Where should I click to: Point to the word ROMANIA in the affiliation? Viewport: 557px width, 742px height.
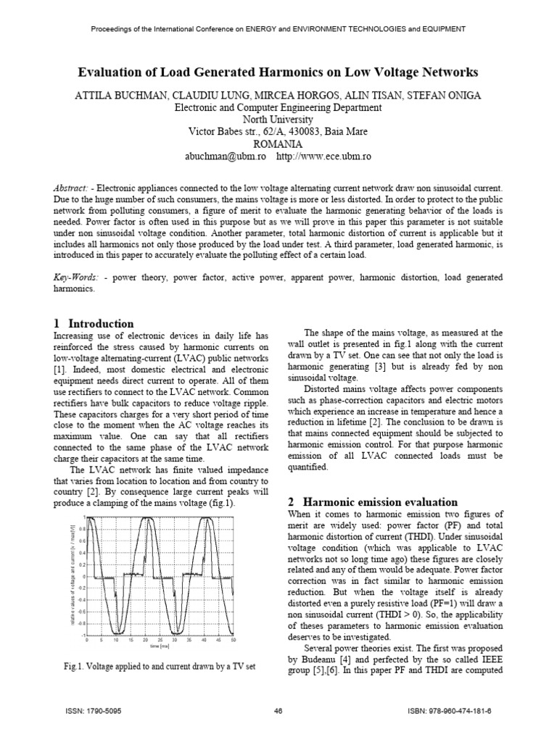point(278,143)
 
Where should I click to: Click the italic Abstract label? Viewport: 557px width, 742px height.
point(74,187)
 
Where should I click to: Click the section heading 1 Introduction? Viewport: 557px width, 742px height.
point(94,323)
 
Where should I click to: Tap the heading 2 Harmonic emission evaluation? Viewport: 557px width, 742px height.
point(373,501)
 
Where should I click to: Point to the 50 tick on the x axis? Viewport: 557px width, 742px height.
point(233,641)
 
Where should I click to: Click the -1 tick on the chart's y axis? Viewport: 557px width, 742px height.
point(83,635)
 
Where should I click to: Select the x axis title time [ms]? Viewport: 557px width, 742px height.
point(160,646)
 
